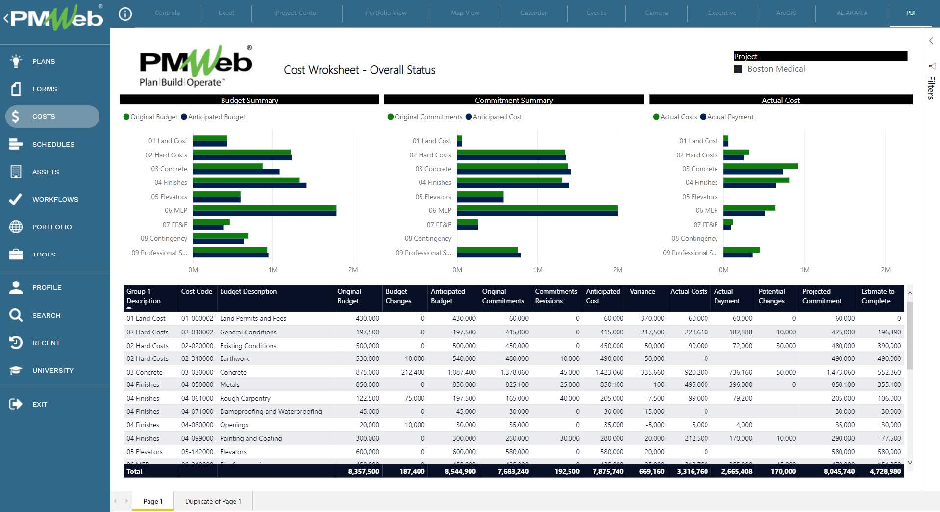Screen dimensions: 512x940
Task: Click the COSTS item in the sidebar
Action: [x=44, y=117]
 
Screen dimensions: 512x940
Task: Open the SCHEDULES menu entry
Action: [x=53, y=144]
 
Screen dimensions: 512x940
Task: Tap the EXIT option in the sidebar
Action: [x=39, y=404]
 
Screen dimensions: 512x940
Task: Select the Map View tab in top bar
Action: [x=465, y=13]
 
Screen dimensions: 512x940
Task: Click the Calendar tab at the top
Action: [x=533, y=13]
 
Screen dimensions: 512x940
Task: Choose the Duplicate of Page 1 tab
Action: [x=213, y=501]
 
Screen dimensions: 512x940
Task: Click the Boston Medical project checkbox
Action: [x=738, y=69]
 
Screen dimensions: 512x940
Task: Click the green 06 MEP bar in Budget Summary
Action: [x=265, y=208]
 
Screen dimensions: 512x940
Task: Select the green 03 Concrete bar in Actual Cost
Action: [x=760, y=166]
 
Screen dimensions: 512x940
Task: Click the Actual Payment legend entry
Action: [x=730, y=117]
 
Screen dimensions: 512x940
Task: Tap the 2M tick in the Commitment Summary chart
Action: [x=618, y=270]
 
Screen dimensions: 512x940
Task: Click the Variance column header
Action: [x=642, y=291]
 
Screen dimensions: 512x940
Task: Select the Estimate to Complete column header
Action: [x=877, y=296]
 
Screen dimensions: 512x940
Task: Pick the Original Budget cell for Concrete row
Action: [x=367, y=372]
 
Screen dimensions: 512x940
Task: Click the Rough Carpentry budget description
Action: [x=245, y=398]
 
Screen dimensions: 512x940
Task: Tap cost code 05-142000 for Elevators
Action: [x=197, y=452]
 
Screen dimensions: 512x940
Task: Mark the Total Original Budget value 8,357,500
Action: [x=363, y=471]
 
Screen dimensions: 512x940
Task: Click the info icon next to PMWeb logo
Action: [x=125, y=14]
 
